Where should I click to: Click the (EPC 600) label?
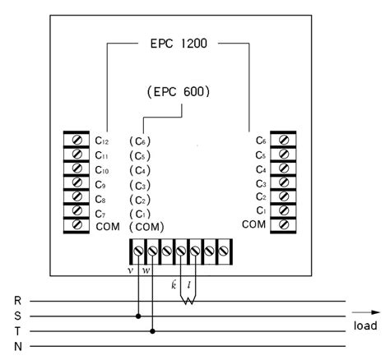[178, 92]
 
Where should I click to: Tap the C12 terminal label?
[102, 141]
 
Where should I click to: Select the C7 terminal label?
[102, 211]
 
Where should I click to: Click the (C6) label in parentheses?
[141, 141]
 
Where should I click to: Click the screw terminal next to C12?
[77, 140]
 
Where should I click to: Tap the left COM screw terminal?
[77, 225]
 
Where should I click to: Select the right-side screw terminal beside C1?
[284, 211]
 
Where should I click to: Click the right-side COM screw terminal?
[284, 225]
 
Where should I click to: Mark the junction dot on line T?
[153, 330]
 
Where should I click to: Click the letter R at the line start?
[18, 301]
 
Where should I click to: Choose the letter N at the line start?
[18, 345]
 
